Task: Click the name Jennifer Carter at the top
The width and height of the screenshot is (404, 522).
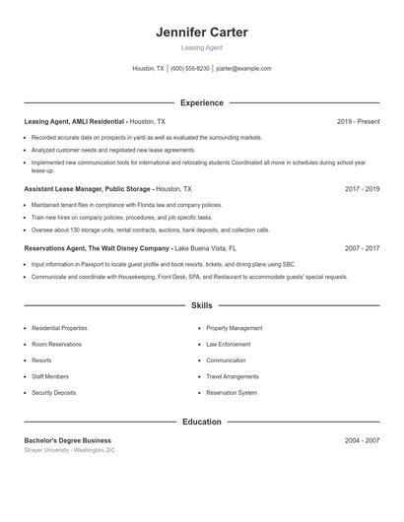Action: coord(202,33)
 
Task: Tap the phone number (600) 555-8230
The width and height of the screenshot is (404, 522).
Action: coord(190,69)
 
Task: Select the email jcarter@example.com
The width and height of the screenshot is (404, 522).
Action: coord(243,69)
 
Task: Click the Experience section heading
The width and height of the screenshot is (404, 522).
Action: coord(202,102)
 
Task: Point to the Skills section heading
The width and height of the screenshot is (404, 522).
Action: coord(202,306)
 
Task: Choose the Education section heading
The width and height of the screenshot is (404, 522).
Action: coord(202,422)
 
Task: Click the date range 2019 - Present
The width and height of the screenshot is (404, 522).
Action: coord(358,121)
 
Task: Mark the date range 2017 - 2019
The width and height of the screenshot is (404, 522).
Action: coord(362,187)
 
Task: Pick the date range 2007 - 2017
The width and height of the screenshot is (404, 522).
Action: coord(362,249)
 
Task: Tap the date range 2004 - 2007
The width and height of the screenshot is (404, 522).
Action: coord(362,440)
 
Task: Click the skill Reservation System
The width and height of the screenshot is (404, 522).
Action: coord(233,393)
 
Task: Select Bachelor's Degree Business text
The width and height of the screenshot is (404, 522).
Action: coord(68,440)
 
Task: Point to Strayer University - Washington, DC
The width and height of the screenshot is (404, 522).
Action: coord(70,450)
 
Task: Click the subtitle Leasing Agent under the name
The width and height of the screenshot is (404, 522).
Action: coord(202,47)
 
